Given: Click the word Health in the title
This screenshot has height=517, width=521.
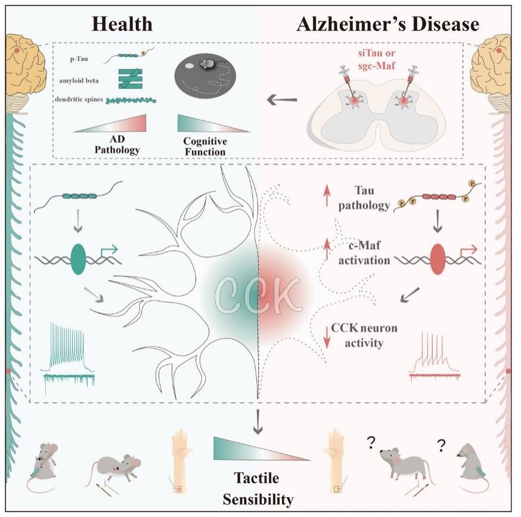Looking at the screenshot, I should (122, 23).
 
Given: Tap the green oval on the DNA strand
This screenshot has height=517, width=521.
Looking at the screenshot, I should (79, 258).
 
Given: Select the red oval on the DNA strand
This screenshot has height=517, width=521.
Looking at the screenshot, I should (437, 258).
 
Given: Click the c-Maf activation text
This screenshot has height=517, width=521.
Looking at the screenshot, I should (365, 253).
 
